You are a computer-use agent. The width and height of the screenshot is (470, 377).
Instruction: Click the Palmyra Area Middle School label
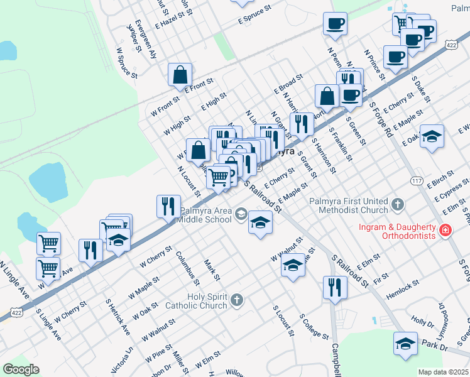(x=204, y=216)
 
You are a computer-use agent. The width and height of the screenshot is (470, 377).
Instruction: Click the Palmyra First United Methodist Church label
(x=348, y=205)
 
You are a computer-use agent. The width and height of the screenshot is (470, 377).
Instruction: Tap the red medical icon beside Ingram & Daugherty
(x=445, y=231)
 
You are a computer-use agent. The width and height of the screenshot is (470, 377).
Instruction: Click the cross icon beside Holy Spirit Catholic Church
(x=236, y=300)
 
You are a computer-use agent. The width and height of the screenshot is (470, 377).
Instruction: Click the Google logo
(x=21, y=369)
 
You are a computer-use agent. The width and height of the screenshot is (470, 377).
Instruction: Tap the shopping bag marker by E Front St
(x=180, y=75)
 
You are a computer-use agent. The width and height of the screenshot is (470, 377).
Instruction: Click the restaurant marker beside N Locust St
(x=168, y=207)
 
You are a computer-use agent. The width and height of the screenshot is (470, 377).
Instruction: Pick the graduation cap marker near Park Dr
(x=405, y=344)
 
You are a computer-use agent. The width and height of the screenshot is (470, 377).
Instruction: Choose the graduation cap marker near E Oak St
(x=432, y=136)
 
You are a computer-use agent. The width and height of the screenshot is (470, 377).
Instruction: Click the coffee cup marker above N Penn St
(x=335, y=25)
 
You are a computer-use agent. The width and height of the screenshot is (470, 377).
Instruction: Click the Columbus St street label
(x=187, y=268)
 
